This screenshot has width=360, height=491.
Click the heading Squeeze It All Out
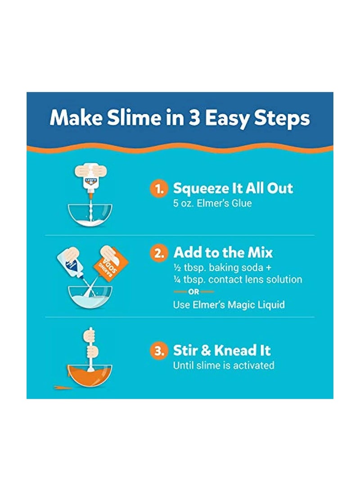233,189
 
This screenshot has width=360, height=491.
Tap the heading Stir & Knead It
222,351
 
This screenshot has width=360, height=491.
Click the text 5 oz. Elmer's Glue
212,203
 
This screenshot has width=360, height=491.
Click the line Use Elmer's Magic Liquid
229,305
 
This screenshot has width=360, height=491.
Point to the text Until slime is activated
224,365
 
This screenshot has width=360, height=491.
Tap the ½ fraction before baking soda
176,267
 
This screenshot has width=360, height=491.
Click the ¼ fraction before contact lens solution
176,279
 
